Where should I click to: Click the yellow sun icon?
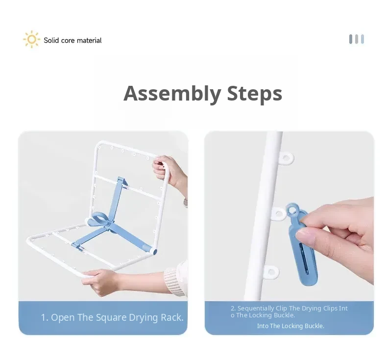[x=31, y=39]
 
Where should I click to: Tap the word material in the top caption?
[x=89, y=40]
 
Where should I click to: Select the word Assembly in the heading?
[x=172, y=94]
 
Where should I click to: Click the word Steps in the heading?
[x=254, y=93]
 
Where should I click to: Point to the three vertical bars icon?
[x=357, y=39]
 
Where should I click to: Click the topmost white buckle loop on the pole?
[x=286, y=158]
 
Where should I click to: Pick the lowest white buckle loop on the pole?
[x=271, y=273]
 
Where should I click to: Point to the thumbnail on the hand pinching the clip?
[x=306, y=235]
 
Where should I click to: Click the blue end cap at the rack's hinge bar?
[x=154, y=252]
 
